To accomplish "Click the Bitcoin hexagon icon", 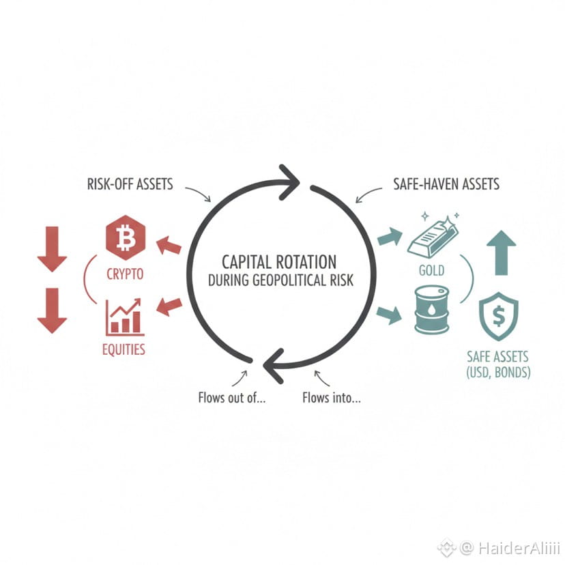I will click(x=126, y=237).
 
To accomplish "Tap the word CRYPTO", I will click(x=125, y=275).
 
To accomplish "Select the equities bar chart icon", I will click(x=124, y=317).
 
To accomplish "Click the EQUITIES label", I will click(x=124, y=350).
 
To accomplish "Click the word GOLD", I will click(x=431, y=271).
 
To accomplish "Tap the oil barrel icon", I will click(x=431, y=310).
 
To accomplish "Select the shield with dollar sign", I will click(x=498, y=316).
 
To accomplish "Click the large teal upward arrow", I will click(x=502, y=252).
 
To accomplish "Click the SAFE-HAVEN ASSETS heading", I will click(x=446, y=184).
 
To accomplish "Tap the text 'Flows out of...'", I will click(x=231, y=397).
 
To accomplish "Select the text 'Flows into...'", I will click(x=331, y=397).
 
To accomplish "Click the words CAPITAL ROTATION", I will click(x=279, y=262).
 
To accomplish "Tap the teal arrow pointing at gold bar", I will click(x=390, y=237).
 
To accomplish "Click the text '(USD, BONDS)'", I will click(x=498, y=373).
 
